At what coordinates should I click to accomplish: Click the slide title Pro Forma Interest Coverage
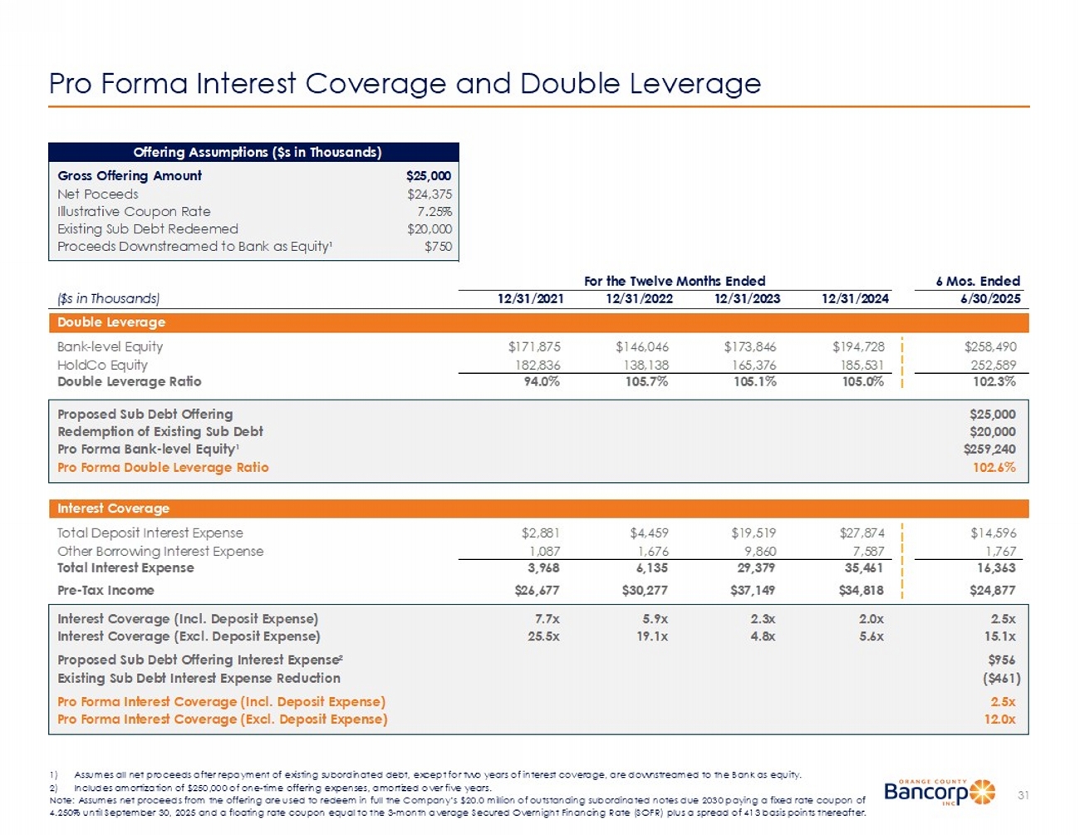point(405,84)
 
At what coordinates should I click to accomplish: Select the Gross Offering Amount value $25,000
point(429,176)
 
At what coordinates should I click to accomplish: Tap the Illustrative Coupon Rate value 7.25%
point(434,212)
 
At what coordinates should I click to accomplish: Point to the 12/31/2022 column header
point(639,299)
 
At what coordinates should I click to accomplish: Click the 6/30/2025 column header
point(991,299)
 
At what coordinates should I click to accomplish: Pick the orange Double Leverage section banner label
point(111,322)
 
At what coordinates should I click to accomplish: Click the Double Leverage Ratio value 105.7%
point(646,382)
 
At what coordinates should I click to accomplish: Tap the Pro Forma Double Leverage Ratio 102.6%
point(994,468)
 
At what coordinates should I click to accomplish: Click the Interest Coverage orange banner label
point(113,508)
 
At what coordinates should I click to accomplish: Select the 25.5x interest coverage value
point(543,636)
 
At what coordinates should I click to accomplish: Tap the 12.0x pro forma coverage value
point(999,720)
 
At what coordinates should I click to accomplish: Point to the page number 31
point(1023,796)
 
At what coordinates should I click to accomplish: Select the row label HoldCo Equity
point(102,365)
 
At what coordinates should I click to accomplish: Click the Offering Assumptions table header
point(258,153)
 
